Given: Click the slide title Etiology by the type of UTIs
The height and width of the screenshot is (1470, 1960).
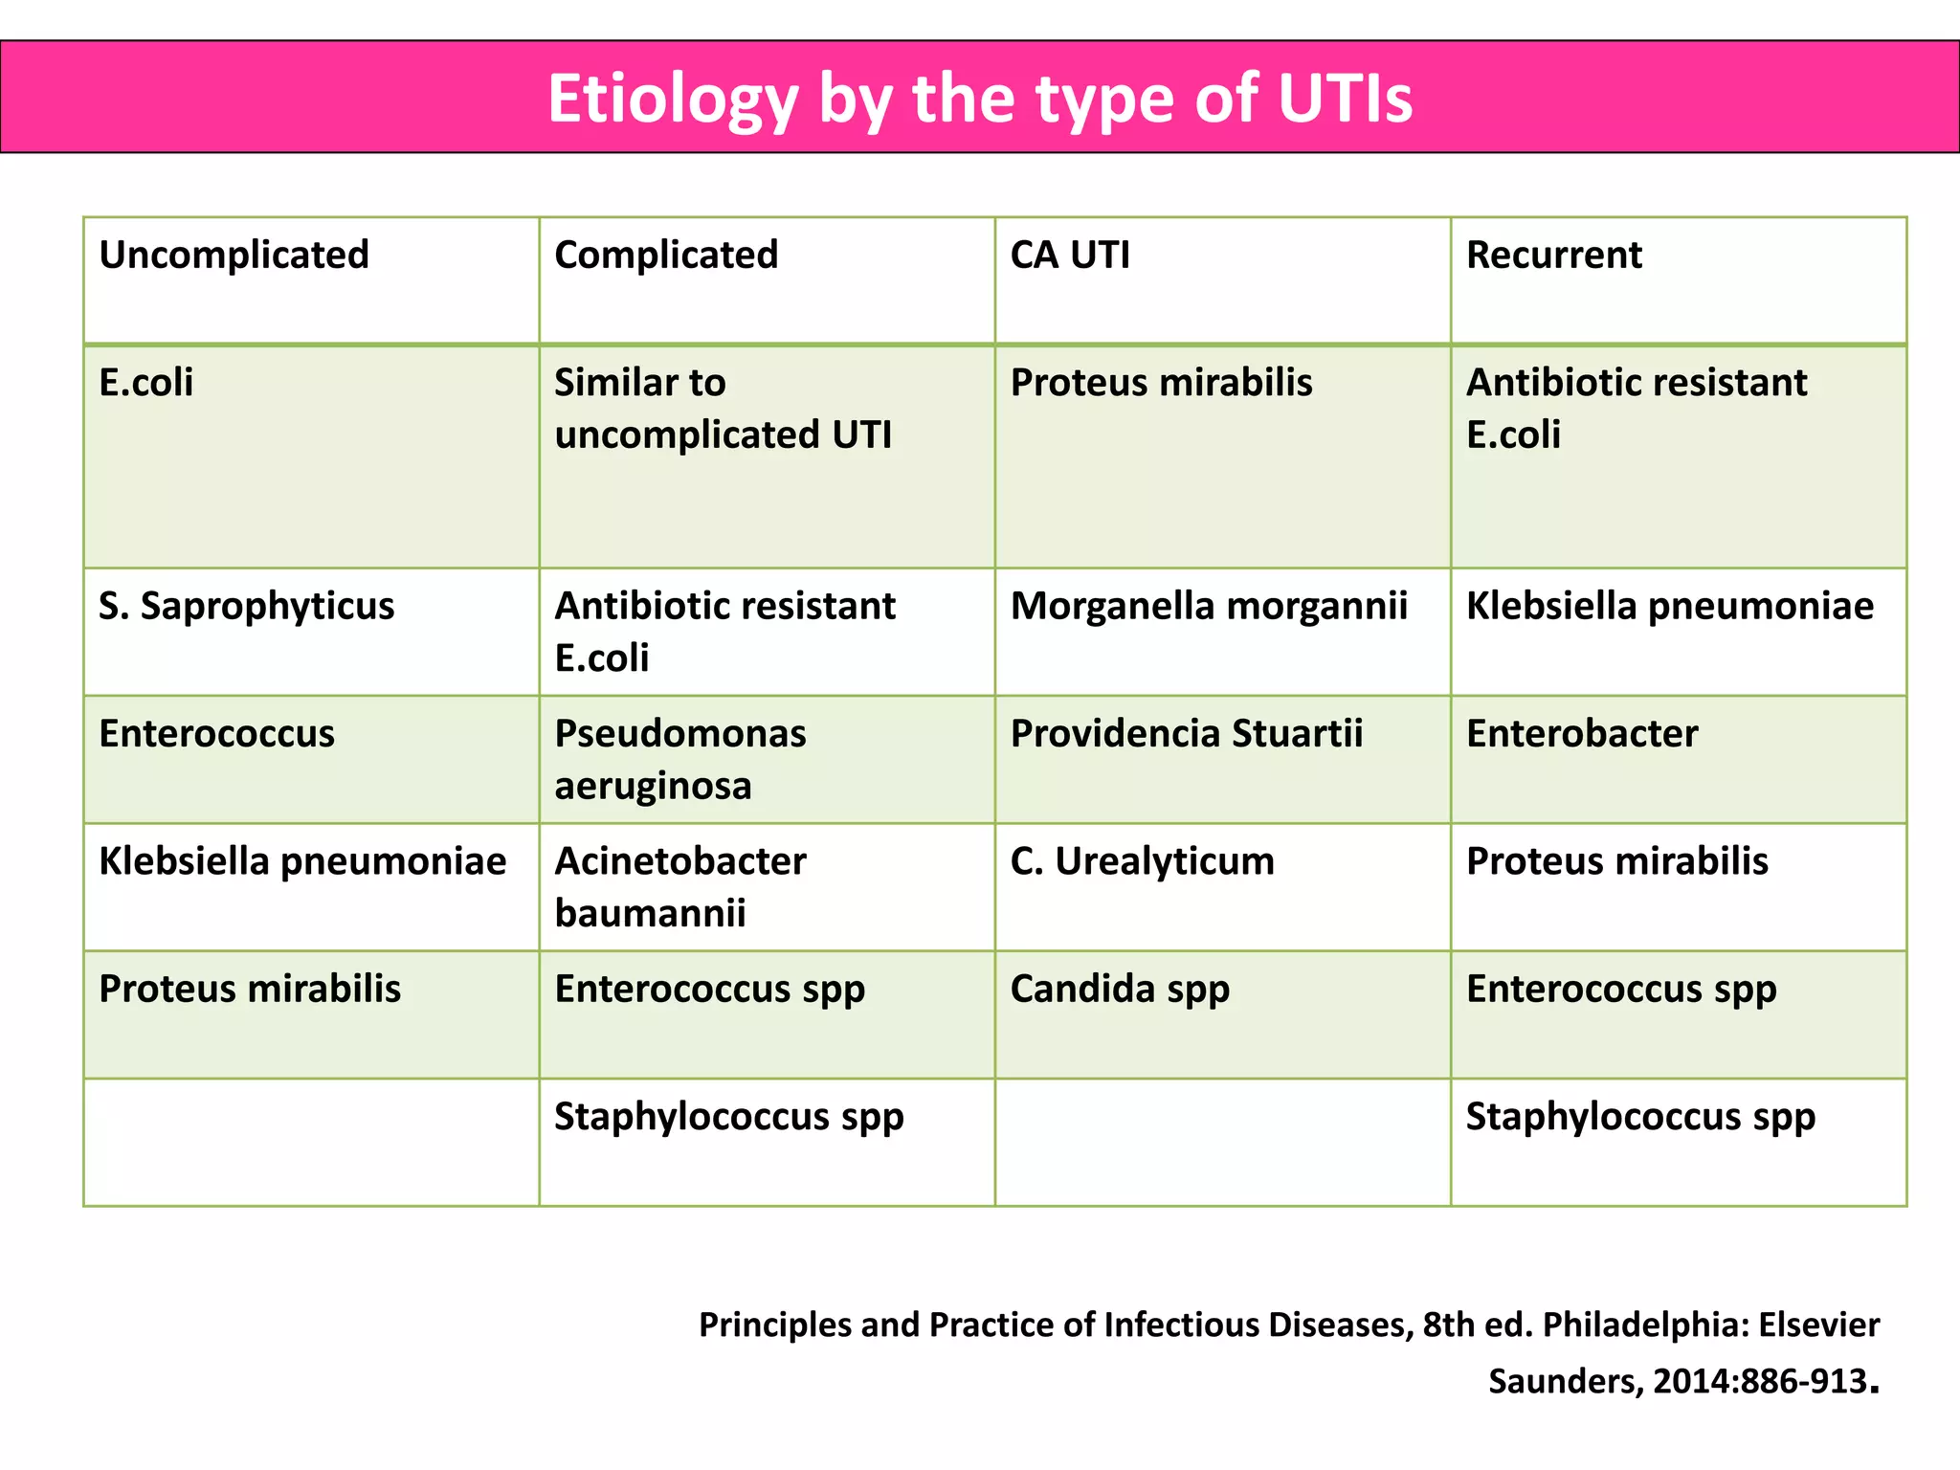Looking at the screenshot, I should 979,98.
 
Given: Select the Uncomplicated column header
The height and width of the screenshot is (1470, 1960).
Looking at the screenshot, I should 234,255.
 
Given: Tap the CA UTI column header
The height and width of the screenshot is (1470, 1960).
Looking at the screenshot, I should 1070,255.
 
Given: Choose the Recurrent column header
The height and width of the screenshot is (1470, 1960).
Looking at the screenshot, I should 1553,255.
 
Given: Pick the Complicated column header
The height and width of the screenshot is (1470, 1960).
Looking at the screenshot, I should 666,255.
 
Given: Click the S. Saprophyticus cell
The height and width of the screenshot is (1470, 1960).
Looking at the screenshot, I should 246,606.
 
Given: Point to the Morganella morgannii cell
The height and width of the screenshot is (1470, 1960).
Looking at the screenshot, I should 1209,606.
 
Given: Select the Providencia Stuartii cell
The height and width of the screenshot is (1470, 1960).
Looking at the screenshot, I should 1187,733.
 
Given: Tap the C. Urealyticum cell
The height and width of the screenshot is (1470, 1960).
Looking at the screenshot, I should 1143,861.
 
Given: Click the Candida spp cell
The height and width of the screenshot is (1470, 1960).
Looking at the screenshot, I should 1120,989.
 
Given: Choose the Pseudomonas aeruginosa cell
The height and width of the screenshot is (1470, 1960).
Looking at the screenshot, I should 680,759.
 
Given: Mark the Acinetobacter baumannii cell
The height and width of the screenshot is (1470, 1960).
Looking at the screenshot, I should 680,886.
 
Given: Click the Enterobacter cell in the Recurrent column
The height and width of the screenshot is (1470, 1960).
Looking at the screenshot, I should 1582,733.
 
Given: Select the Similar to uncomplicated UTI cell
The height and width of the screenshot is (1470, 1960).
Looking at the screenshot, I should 723,409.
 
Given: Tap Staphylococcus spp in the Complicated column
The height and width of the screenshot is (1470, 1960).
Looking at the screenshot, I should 728,1117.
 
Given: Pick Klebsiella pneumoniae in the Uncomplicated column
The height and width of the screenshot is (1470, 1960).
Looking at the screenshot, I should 302,861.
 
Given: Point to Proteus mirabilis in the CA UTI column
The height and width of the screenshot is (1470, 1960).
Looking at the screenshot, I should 1161,383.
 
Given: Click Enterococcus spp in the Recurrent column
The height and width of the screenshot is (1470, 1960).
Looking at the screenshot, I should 1621,989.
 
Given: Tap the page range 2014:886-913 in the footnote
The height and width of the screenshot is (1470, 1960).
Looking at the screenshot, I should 1760,1381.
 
